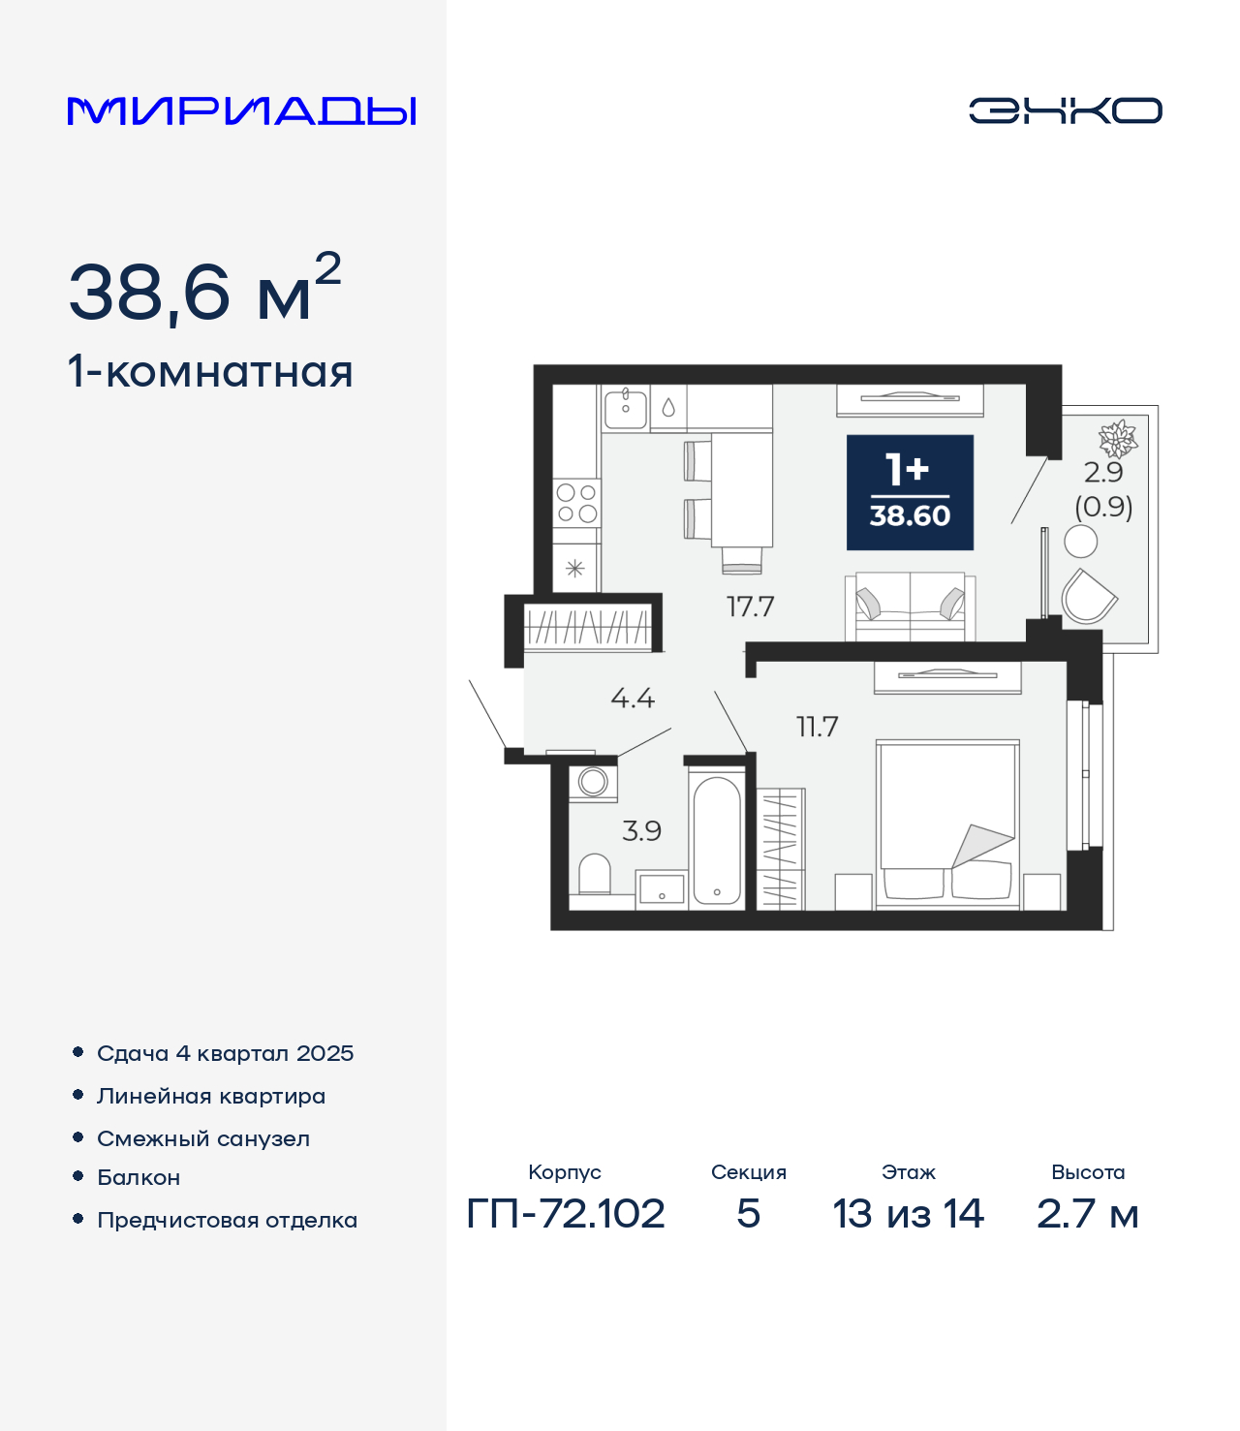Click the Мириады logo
point(241,110)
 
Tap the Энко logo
point(1065,110)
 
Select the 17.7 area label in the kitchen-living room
point(750,607)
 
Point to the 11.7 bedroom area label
point(818,727)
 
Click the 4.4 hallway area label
point(633,698)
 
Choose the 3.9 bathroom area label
point(642,830)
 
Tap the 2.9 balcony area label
point(1103,472)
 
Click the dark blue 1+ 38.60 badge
point(910,492)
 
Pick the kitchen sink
point(626,410)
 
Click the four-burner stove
point(576,503)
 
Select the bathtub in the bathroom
point(717,840)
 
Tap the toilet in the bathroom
point(594,874)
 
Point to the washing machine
point(593,783)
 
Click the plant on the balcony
point(1118,439)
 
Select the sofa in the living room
point(910,607)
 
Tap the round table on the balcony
point(1081,542)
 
